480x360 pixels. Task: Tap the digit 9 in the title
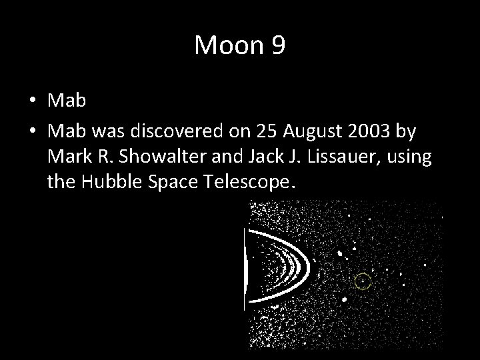point(277,45)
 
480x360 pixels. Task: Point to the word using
point(414,158)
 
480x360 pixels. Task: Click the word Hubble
point(102,181)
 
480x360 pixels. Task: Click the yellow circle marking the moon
point(362,281)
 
